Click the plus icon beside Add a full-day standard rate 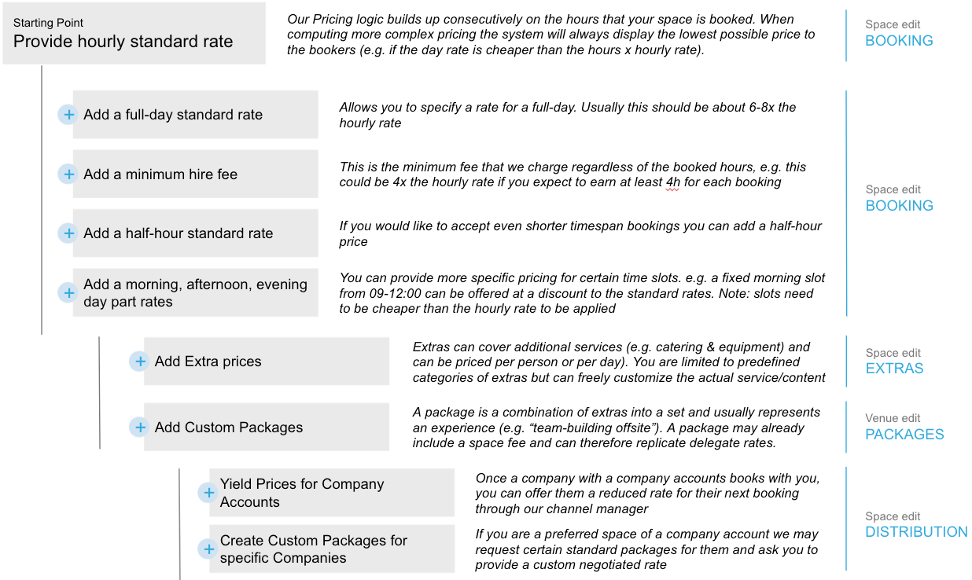click(68, 115)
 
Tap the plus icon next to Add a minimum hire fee click(68, 174)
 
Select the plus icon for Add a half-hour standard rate click(68, 233)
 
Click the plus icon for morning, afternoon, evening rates click(68, 292)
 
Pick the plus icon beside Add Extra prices click(140, 362)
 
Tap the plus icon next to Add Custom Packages click(140, 428)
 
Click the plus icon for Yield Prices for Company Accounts click(208, 493)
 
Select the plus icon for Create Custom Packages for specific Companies click(208, 549)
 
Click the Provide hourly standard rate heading click(123, 42)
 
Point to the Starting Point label click(49, 23)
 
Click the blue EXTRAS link click(894, 369)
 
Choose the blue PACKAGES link click(904, 435)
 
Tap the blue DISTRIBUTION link click(916, 532)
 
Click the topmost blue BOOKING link click(899, 41)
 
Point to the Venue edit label click(893, 419)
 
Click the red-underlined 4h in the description click(673, 182)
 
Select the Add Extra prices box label click(208, 362)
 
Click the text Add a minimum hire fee click(160, 174)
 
